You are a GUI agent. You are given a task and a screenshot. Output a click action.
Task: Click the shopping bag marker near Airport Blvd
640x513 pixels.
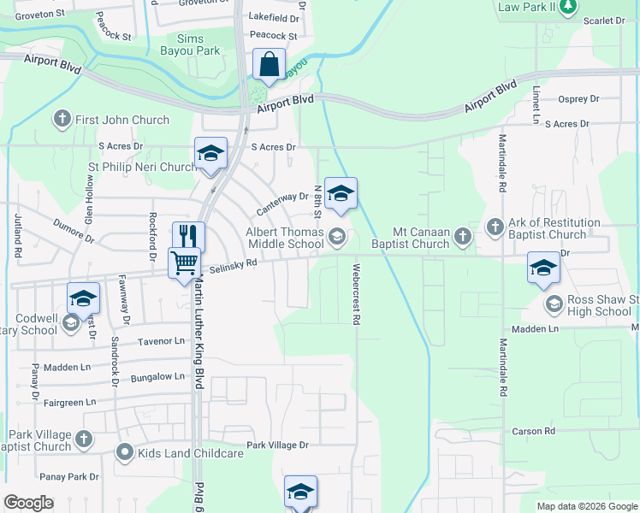269,65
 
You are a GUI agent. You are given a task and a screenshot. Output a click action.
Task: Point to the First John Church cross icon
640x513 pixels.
62,120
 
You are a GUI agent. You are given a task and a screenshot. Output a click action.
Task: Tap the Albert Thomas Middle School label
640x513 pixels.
285,238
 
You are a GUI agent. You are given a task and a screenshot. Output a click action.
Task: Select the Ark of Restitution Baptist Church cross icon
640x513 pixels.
495,227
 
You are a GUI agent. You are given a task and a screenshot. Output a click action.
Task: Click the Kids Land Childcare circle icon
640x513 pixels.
125,452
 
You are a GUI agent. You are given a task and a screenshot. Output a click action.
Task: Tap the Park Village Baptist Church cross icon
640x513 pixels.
83,439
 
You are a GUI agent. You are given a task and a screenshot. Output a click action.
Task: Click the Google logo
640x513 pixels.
29,503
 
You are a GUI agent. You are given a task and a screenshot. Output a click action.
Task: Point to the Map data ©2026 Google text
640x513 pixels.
587,506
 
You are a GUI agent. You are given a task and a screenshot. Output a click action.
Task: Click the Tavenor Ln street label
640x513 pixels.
161,340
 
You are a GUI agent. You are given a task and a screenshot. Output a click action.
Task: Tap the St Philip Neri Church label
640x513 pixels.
143,167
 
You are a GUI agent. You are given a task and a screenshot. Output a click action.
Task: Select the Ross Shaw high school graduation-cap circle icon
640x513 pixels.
554,304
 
